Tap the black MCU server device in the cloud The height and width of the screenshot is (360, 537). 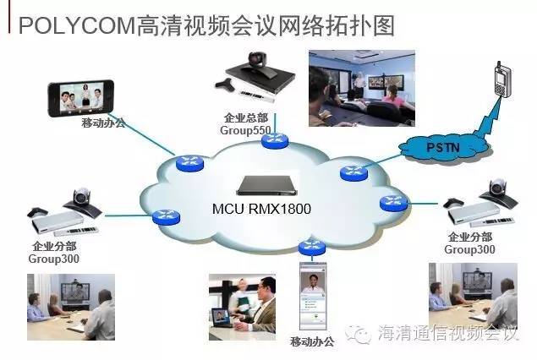[270, 185]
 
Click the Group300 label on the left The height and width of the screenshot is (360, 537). [55, 259]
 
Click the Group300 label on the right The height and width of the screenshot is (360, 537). [469, 248]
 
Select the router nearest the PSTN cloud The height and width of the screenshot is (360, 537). [353, 172]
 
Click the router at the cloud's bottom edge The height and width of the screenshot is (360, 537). [310, 248]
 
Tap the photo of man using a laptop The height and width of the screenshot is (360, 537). [244, 305]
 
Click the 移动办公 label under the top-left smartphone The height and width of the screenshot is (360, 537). [103, 123]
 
